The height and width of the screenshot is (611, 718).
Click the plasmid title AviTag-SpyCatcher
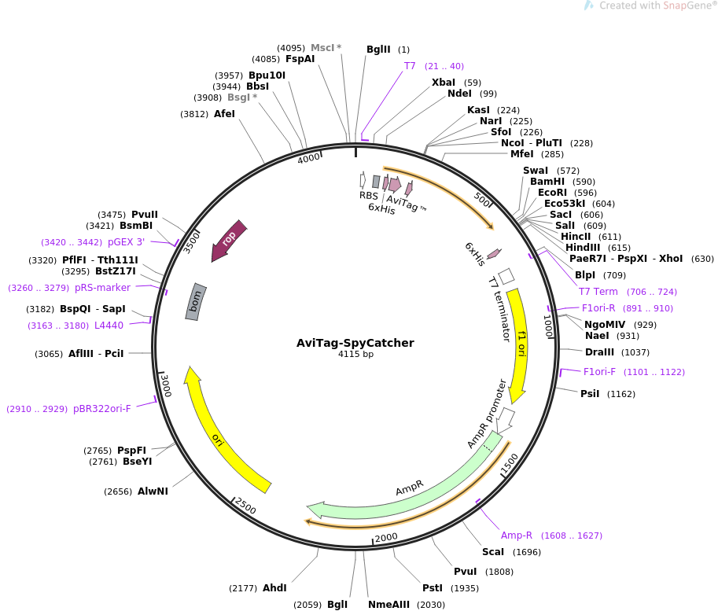pyautogui.click(x=355, y=343)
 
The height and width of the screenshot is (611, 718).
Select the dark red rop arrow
pyautogui.click(x=229, y=240)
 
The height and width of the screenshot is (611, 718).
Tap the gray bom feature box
pyautogui.click(x=196, y=301)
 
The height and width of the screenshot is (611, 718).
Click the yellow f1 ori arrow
pyautogui.click(x=518, y=346)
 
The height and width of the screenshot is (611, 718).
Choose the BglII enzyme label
pyautogui.click(x=378, y=50)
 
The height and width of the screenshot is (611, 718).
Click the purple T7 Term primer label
pyautogui.click(x=598, y=292)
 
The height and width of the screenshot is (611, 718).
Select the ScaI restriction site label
pyautogui.click(x=493, y=551)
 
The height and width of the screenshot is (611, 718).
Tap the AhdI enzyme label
pyautogui.click(x=274, y=587)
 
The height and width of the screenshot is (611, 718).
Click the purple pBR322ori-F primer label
pyautogui.click(x=102, y=409)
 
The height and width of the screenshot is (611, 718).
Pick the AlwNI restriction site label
pyautogui.click(x=153, y=491)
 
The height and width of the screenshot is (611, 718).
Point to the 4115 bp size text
pyautogui.click(x=355, y=355)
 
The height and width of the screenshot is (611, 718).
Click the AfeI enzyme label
pyautogui.click(x=224, y=114)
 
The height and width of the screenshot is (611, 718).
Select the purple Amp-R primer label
pyautogui.click(x=517, y=536)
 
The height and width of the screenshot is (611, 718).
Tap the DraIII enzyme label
pyautogui.click(x=600, y=352)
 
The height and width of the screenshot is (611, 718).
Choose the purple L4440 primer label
pyautogui.click(x=109, y=325)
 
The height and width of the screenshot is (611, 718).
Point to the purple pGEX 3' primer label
pyautogui.click(x=126, y=242)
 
